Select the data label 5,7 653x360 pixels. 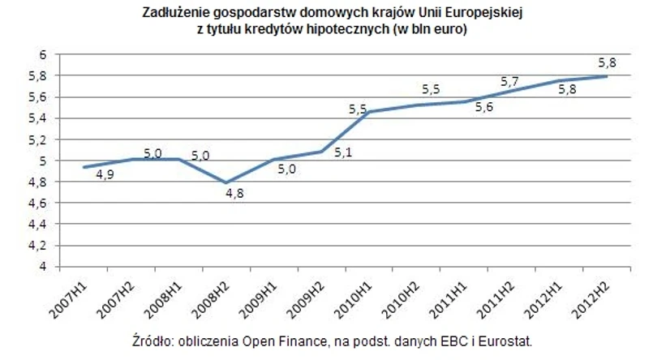click(x=509, y=82)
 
